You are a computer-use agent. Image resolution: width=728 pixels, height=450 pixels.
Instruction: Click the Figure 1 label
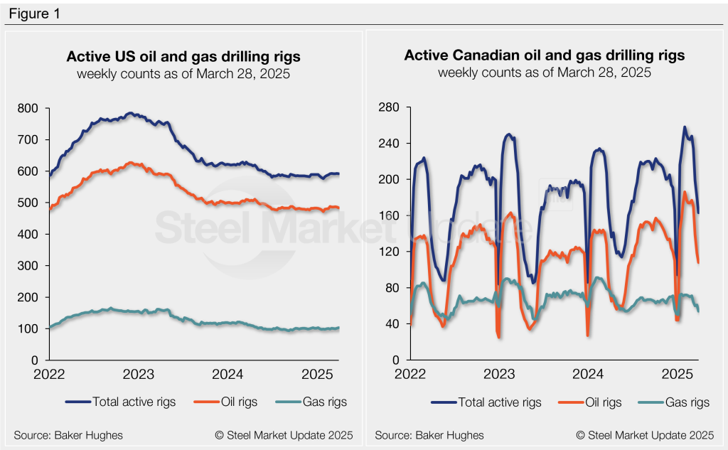tap(35, 14)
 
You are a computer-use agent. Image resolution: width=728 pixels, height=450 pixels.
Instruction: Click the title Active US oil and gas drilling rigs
tap(183, 56)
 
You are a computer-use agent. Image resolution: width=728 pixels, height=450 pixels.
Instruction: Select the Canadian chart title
tap(545, 56)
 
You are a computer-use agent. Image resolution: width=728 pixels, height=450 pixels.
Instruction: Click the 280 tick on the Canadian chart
tap(388, 107)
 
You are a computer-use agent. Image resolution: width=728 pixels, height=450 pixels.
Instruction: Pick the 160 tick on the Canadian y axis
tap(388, 215)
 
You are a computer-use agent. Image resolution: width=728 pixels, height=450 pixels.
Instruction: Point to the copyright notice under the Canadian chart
tap(644, 434)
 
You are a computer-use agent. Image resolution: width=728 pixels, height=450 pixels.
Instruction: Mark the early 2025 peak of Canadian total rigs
tap(685, 127)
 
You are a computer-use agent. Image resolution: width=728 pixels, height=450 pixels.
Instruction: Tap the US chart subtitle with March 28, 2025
tap(183, 73)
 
